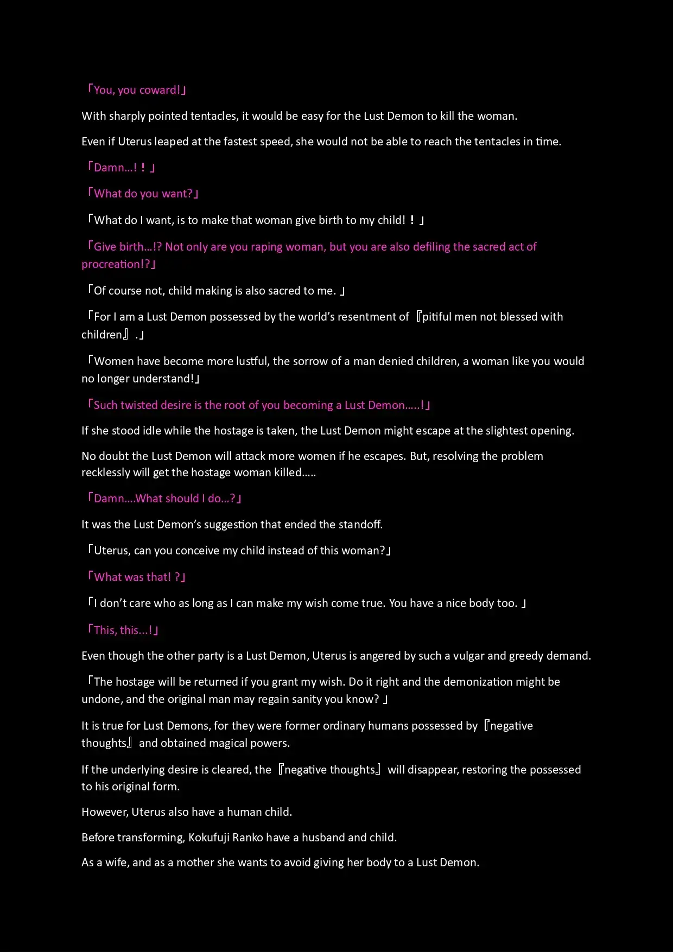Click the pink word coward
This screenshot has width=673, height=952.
(160, 90)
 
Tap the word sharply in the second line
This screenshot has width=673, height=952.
(126, 116)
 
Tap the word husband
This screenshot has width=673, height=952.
(323, 838)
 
